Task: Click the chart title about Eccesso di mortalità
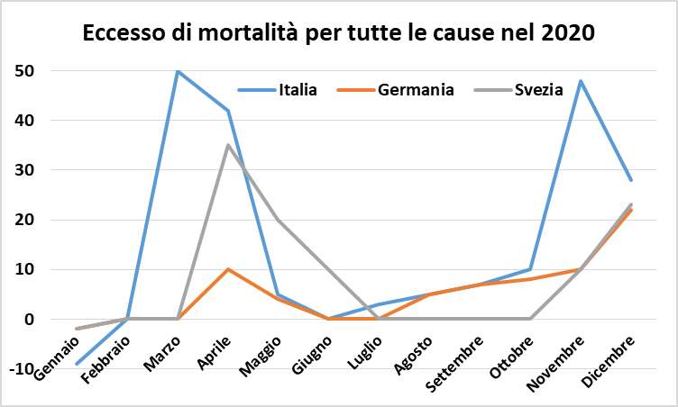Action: (339, 33)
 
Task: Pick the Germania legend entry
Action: (416, 89)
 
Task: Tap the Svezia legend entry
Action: (538, 89)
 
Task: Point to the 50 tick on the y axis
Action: (37, 70)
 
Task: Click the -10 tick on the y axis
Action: (33, 369)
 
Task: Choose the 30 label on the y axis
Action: (37, 170)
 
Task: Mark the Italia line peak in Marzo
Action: (179, 70)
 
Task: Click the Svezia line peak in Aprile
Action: (229, 145)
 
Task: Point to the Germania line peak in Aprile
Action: (229, 269)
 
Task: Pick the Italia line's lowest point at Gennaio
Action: (78, 364)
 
